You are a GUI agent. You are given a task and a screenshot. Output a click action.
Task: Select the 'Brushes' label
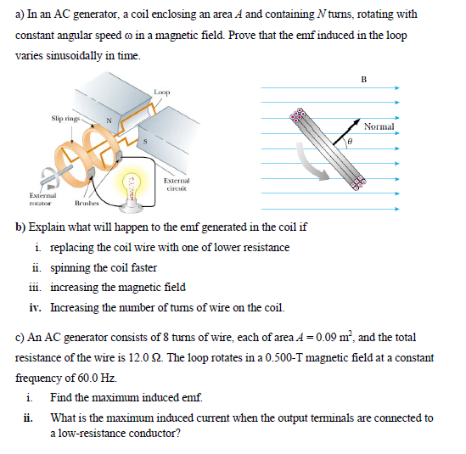[87, 205]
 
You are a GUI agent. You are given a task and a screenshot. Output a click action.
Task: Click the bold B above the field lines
[363, 81]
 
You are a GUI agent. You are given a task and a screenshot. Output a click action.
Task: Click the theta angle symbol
[347, 145]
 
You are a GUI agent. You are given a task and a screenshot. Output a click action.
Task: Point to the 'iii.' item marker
[36, 287]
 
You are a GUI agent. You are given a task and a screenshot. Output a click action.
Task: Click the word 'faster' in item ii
[142, 267]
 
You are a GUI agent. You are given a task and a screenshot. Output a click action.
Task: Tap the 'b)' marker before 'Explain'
[21, 227]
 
